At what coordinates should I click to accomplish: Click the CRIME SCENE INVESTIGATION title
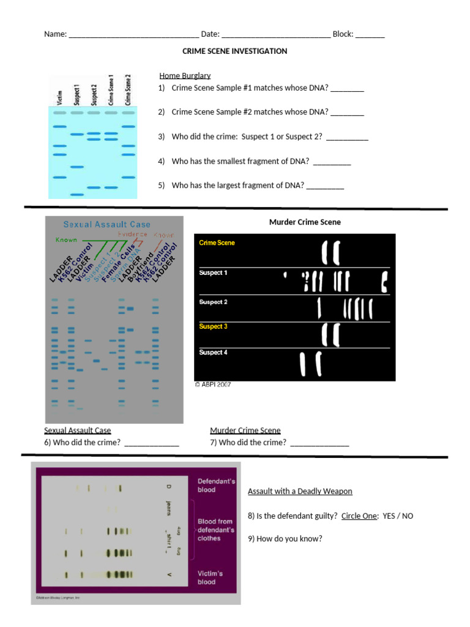click(234, 51)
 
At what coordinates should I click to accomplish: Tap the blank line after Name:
click(133, 36)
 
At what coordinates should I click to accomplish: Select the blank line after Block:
click(370, 36)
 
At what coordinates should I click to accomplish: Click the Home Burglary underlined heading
click(185, 76)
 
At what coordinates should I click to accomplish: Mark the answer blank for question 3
click(347, 138)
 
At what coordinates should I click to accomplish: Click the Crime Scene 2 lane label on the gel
click(128, 90)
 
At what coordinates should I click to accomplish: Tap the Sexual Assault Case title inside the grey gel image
click(107, 225)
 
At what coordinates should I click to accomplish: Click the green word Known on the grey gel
click(67, 240)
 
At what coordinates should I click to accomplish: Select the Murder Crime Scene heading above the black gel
click(305, 222)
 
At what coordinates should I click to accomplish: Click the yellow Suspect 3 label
click(213, 327)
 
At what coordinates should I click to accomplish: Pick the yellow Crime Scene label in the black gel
click(217, 243)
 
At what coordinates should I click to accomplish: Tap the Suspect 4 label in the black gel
click(213, 353)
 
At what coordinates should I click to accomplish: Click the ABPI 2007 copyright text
click(212, 385)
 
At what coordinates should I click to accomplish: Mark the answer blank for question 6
click(151, 443)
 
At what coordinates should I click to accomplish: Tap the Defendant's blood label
click(215, 486)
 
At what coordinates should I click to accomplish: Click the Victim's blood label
click(210, 578)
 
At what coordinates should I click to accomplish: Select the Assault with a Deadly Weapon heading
click(300, 492)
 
